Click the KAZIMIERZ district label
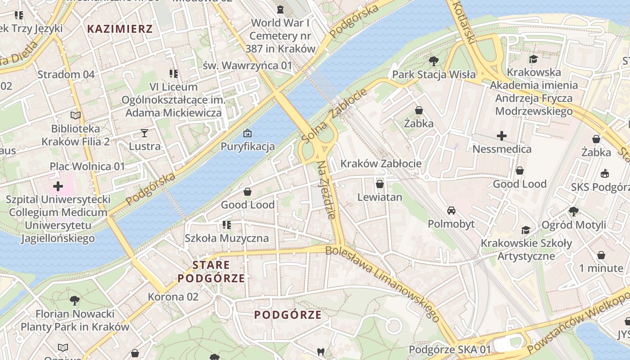tap(120, 29)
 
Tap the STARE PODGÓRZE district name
tap(211, 271)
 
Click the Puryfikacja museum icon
tap(247, 133)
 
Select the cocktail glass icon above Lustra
tap(144, 133)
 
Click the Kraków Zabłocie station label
tap(381, 163)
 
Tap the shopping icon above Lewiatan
tap(379, 184)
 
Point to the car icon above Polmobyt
tap(451, 211)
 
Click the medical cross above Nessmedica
tap(502, 135)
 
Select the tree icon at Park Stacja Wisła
tap(434, 61)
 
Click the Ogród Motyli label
tap(574, 225)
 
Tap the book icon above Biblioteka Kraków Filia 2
tap(76, 116)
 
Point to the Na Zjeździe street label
tap(327, 190)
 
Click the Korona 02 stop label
tap(173, 297)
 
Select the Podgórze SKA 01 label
tap(450, 350)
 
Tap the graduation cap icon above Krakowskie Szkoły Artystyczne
tap(526, 230)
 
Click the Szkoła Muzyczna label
tap(227, 238)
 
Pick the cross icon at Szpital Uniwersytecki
tap(58, 186)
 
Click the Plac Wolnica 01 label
tap(87, 166)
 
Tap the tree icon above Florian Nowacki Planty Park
tap(75, 300)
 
